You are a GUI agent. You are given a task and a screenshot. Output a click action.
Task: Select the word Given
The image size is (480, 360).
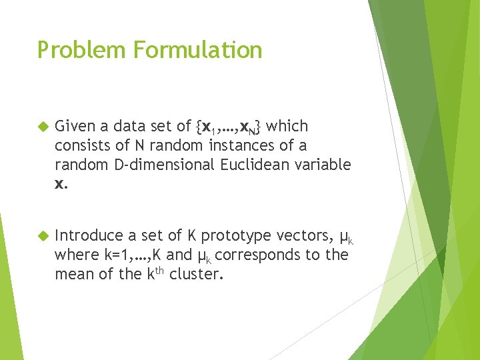74,127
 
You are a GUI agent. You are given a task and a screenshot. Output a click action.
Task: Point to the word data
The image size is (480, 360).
129,127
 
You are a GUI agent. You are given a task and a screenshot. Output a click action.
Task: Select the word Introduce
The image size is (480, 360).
89,236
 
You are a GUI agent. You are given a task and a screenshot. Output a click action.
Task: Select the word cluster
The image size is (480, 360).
195,274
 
